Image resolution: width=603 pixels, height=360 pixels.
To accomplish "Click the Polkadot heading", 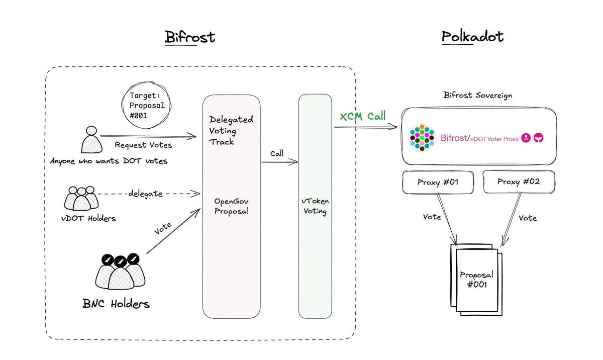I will [472, 37].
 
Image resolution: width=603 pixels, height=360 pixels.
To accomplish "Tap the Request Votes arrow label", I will [143, 145].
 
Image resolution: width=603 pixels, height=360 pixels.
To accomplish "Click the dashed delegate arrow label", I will [145, 194].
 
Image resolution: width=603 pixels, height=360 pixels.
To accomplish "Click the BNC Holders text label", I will [116, 304].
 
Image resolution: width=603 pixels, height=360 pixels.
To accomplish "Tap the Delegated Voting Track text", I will [230, 131].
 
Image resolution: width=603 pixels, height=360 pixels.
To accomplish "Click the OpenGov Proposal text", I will [231, 206].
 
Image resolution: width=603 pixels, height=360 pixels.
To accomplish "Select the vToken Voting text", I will [315, 206].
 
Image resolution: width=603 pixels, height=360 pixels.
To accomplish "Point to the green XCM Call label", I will [363, 117].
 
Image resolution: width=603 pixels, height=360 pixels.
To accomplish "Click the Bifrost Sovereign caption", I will [478, 95].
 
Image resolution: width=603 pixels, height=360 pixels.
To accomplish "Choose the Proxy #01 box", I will [438, 182].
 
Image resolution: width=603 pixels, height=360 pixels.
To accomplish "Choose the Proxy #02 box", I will [518, 182].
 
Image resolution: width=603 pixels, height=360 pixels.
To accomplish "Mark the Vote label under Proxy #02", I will [527, 218].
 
